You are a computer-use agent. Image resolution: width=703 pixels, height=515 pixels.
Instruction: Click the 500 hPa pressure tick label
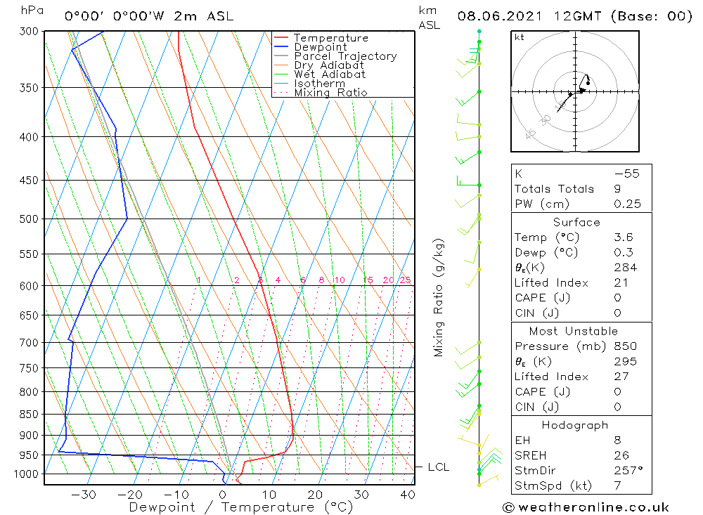click(x=29, y=219)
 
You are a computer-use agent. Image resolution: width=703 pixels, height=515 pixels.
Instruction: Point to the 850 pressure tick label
click(x=29, y=415)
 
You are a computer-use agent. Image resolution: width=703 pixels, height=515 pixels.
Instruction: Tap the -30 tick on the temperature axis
click(x=84, y=495)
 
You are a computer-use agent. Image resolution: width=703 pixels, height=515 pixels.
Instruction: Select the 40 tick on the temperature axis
click(x=408, y=495)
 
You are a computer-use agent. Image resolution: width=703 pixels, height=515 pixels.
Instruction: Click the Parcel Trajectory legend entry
click(x=345, y=56)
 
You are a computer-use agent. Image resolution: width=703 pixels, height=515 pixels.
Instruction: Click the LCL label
click(x=438, y=467)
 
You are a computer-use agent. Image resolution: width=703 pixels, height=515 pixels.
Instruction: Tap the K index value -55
click(x=626, y=174)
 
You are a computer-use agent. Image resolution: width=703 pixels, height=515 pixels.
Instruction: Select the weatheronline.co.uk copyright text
click(x=586, y=507)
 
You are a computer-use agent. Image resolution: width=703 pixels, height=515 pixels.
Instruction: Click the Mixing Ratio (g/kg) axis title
click(x=439, y=298)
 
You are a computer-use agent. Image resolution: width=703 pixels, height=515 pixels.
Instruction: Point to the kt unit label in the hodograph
click(x=520, y=37)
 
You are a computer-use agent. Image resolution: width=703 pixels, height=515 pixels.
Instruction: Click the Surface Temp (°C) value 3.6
click(x=623, y=237)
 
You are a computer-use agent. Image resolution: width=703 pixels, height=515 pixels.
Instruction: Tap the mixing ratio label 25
click(x=405, y=280)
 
